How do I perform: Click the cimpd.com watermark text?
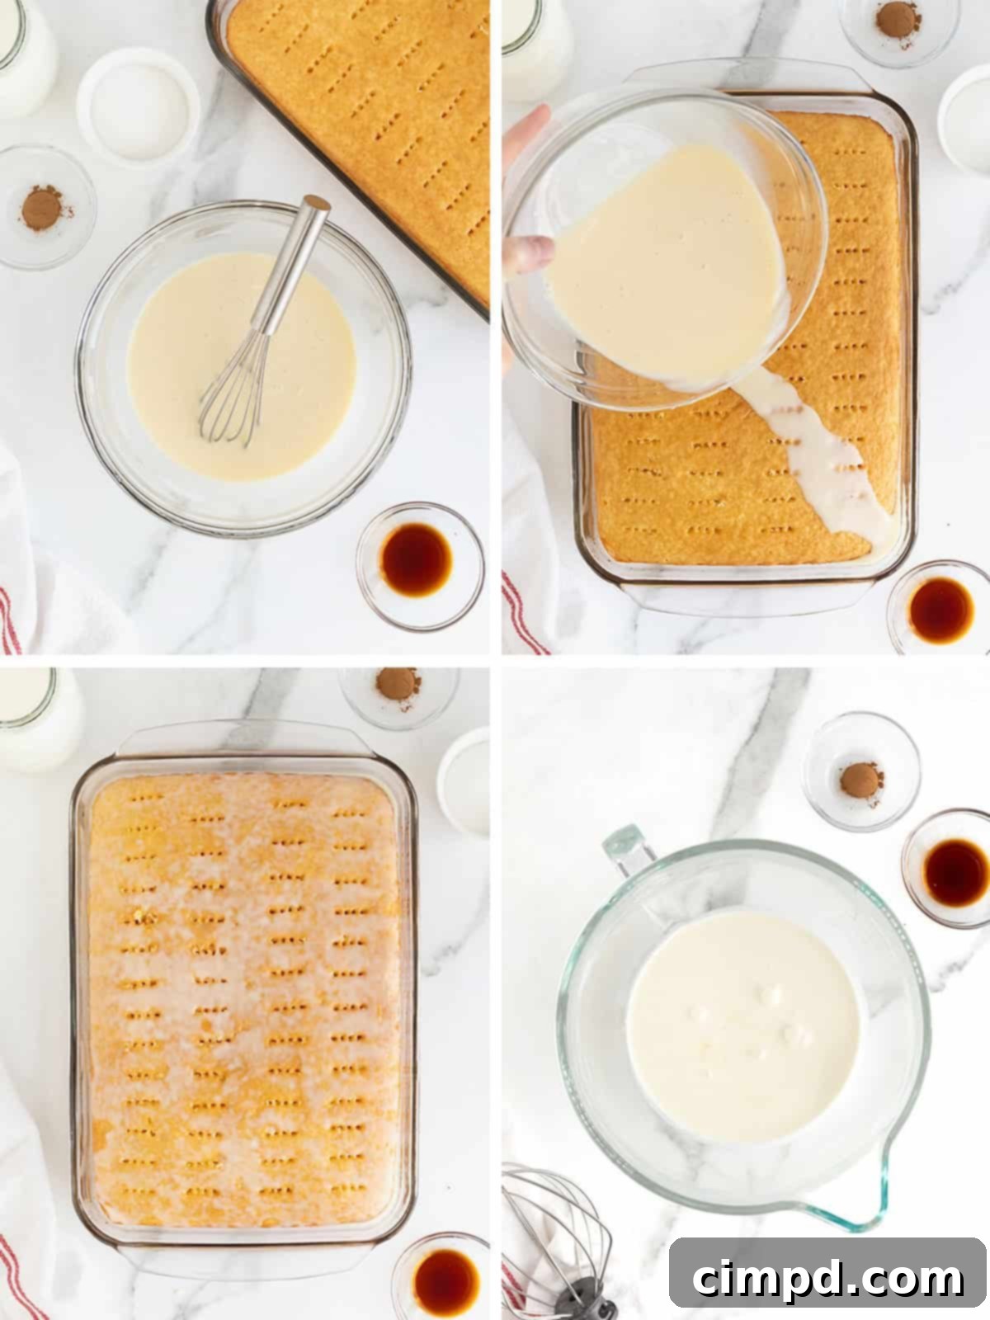[x=828, y=1278]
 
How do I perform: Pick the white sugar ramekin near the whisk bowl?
[x=138, y=107]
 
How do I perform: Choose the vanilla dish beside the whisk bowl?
[x=419, y=555]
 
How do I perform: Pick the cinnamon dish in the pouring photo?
[x=898, y=21]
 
